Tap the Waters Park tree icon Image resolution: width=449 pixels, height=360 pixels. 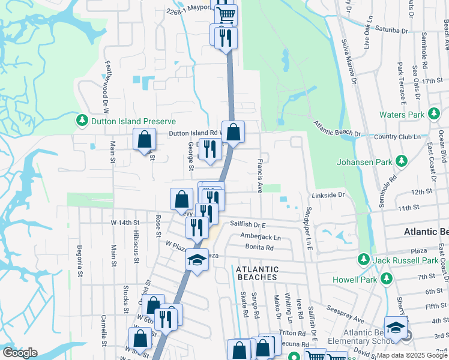[433, 115]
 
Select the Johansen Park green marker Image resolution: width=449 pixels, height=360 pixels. [401, 161]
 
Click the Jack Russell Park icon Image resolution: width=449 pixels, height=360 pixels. [363, 260]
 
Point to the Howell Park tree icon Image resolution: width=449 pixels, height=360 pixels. [387, 280]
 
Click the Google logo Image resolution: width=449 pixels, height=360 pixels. [20, 352]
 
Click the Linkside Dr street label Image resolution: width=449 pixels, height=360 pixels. [328, 195]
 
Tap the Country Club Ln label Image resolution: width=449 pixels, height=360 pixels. [397, 137]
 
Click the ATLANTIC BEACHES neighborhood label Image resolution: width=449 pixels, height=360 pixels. [256, 273]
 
